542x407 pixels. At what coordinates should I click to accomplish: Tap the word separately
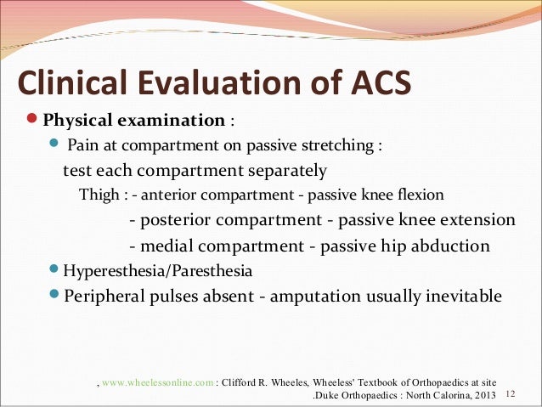tap(286, 171)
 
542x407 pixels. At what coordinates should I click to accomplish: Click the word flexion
tap(421, 195)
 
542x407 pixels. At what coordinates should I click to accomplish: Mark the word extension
tap(472, 220)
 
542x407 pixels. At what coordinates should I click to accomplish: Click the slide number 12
tap(510, 395)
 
